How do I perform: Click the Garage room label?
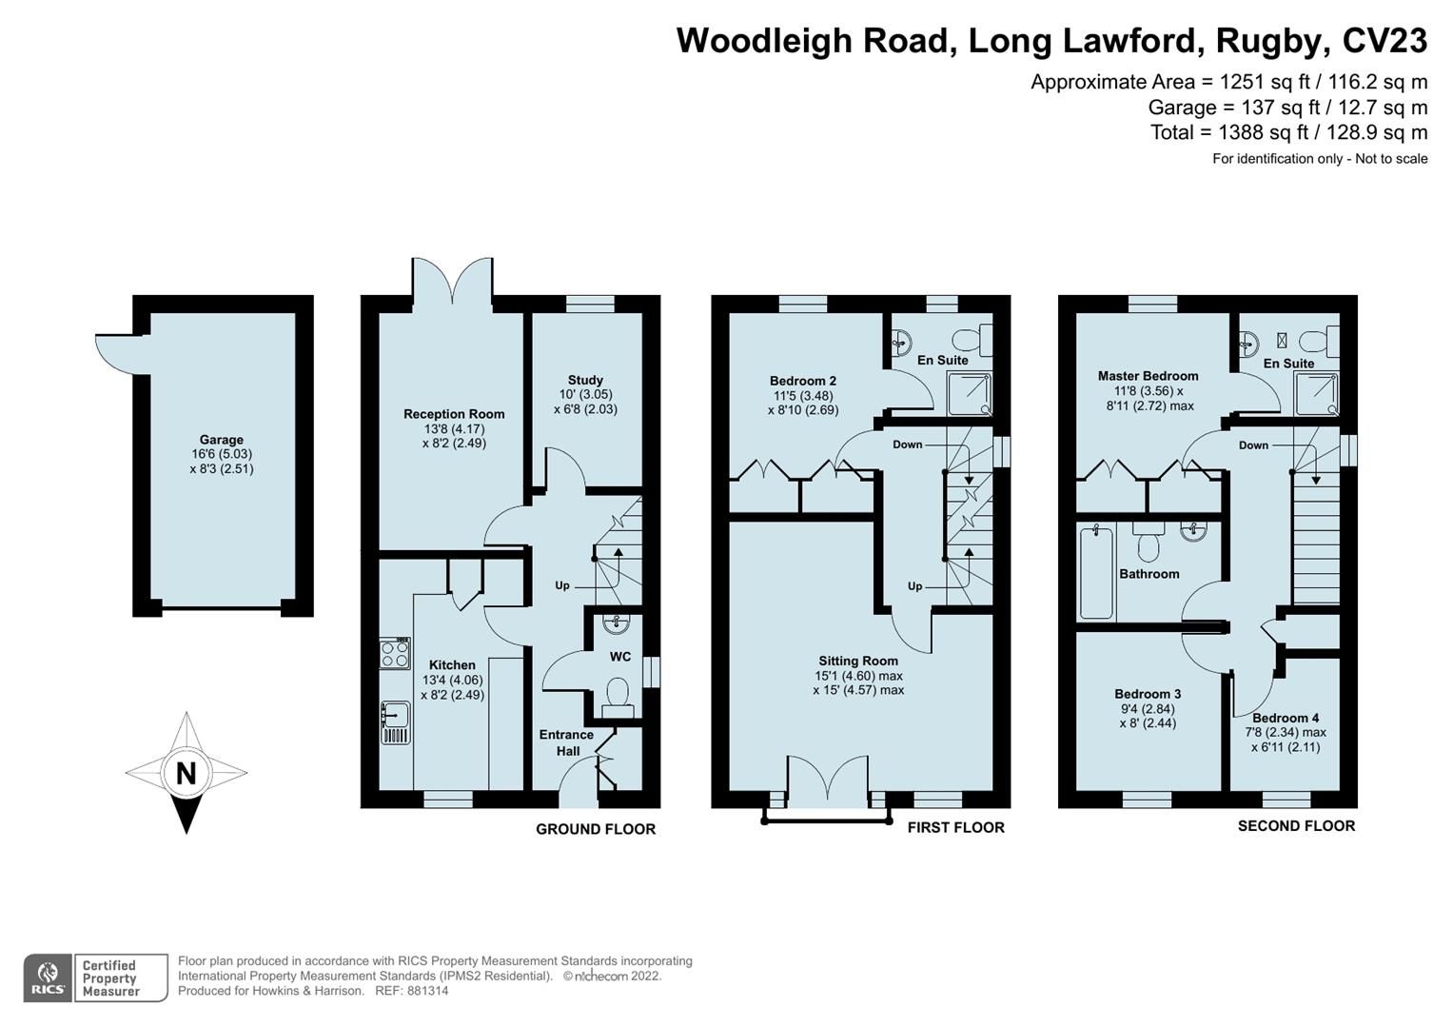[221, 440]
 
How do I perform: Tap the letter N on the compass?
[186, 774]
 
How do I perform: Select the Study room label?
[585, 380]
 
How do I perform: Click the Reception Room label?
[454, 414]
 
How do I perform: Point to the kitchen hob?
[395, 652]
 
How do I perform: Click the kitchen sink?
[395, 722]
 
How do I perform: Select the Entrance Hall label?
[566, 742]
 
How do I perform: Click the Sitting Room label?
[858, 661]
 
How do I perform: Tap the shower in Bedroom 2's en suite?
[969, 393]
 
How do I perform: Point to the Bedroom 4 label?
[1286, 718]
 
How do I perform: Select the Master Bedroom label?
[1148, 376]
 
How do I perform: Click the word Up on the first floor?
[914, 586]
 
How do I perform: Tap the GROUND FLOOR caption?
[596, 829]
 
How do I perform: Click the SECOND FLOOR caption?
[1296, 826]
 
